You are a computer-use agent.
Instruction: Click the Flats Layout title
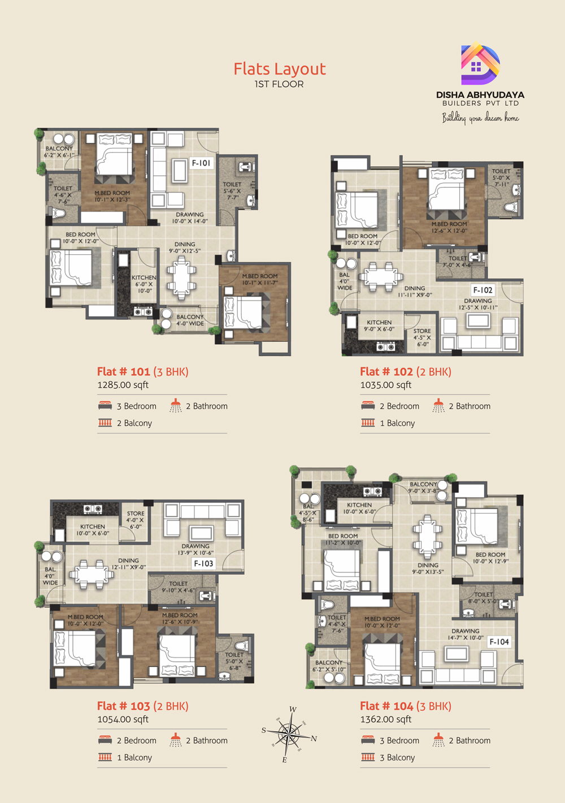tap(280, 69)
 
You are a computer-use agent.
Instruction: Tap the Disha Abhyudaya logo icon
tap(480, 64)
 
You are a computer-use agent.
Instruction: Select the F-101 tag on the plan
tap(201, 163)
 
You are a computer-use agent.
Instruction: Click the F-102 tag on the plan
tap(483, 290)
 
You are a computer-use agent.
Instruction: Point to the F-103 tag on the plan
tap(203, 563)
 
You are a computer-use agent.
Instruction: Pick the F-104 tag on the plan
tap(499, 641)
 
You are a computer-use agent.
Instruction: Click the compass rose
tap(289, 734)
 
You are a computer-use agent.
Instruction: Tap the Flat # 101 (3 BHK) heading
tap(142, 371)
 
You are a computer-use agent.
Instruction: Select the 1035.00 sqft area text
tap(386, 385)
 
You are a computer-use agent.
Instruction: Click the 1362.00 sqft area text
tap(386, 719)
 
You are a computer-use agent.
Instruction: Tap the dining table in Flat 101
tap(181, 277)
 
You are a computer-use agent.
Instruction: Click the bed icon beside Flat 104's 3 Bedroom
tap(368, 740)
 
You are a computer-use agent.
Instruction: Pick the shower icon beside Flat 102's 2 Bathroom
tap(438, 406)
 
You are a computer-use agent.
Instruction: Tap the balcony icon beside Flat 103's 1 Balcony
tap(105, 757)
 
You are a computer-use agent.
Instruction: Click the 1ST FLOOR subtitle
tap(279, 84)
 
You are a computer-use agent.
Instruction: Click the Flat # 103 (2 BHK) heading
tap(142, 706)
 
